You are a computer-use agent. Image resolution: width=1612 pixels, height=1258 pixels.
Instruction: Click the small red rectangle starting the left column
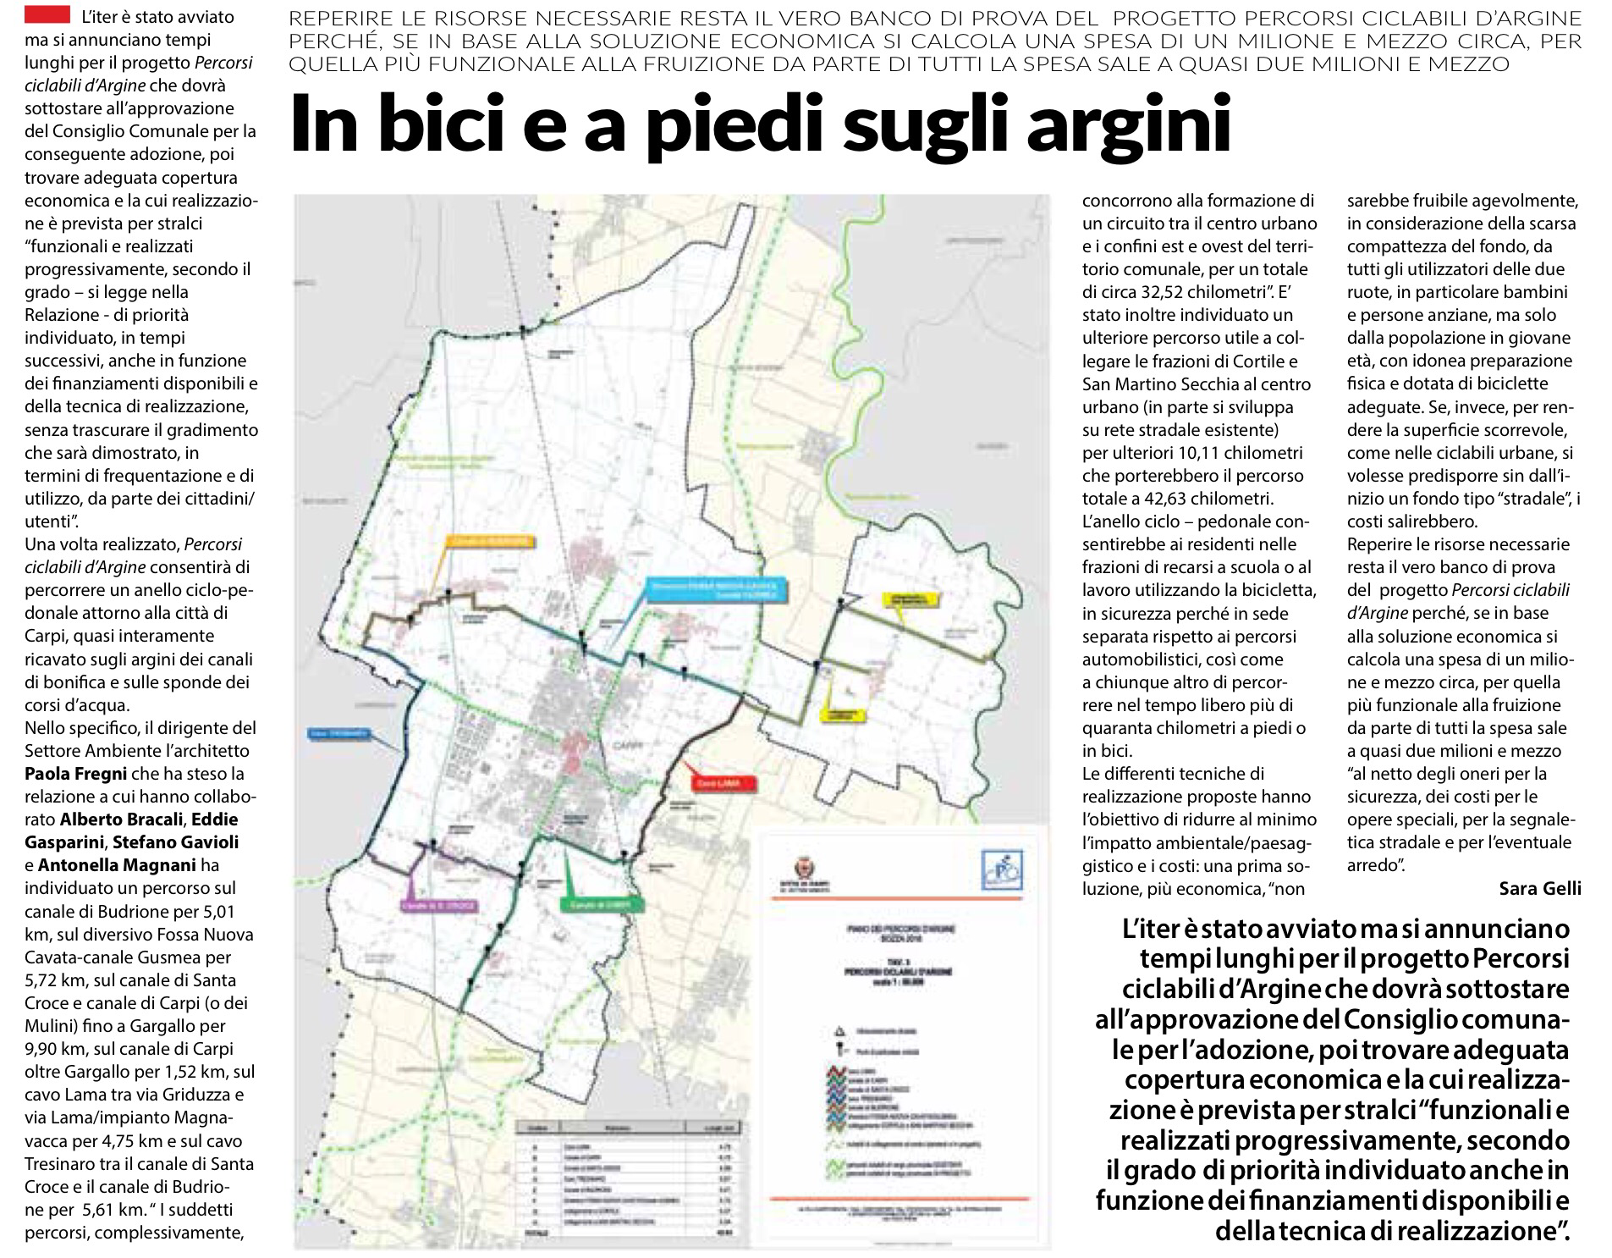coord(47,14)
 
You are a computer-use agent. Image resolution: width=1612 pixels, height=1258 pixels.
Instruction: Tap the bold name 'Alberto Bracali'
coord(123,819)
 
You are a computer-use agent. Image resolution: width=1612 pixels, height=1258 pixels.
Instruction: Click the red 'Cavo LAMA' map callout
coord(718,784)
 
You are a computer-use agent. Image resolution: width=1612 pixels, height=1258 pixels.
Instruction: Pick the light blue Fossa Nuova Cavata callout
coord(718,589)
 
